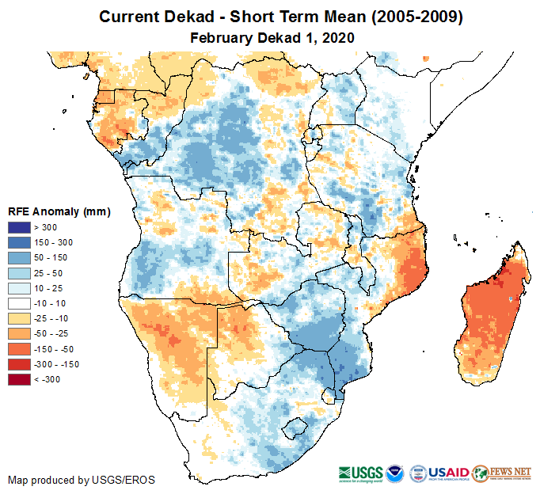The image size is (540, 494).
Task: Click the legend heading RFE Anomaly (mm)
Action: [59, 212]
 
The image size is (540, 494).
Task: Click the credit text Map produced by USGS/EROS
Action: [82, 480]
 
